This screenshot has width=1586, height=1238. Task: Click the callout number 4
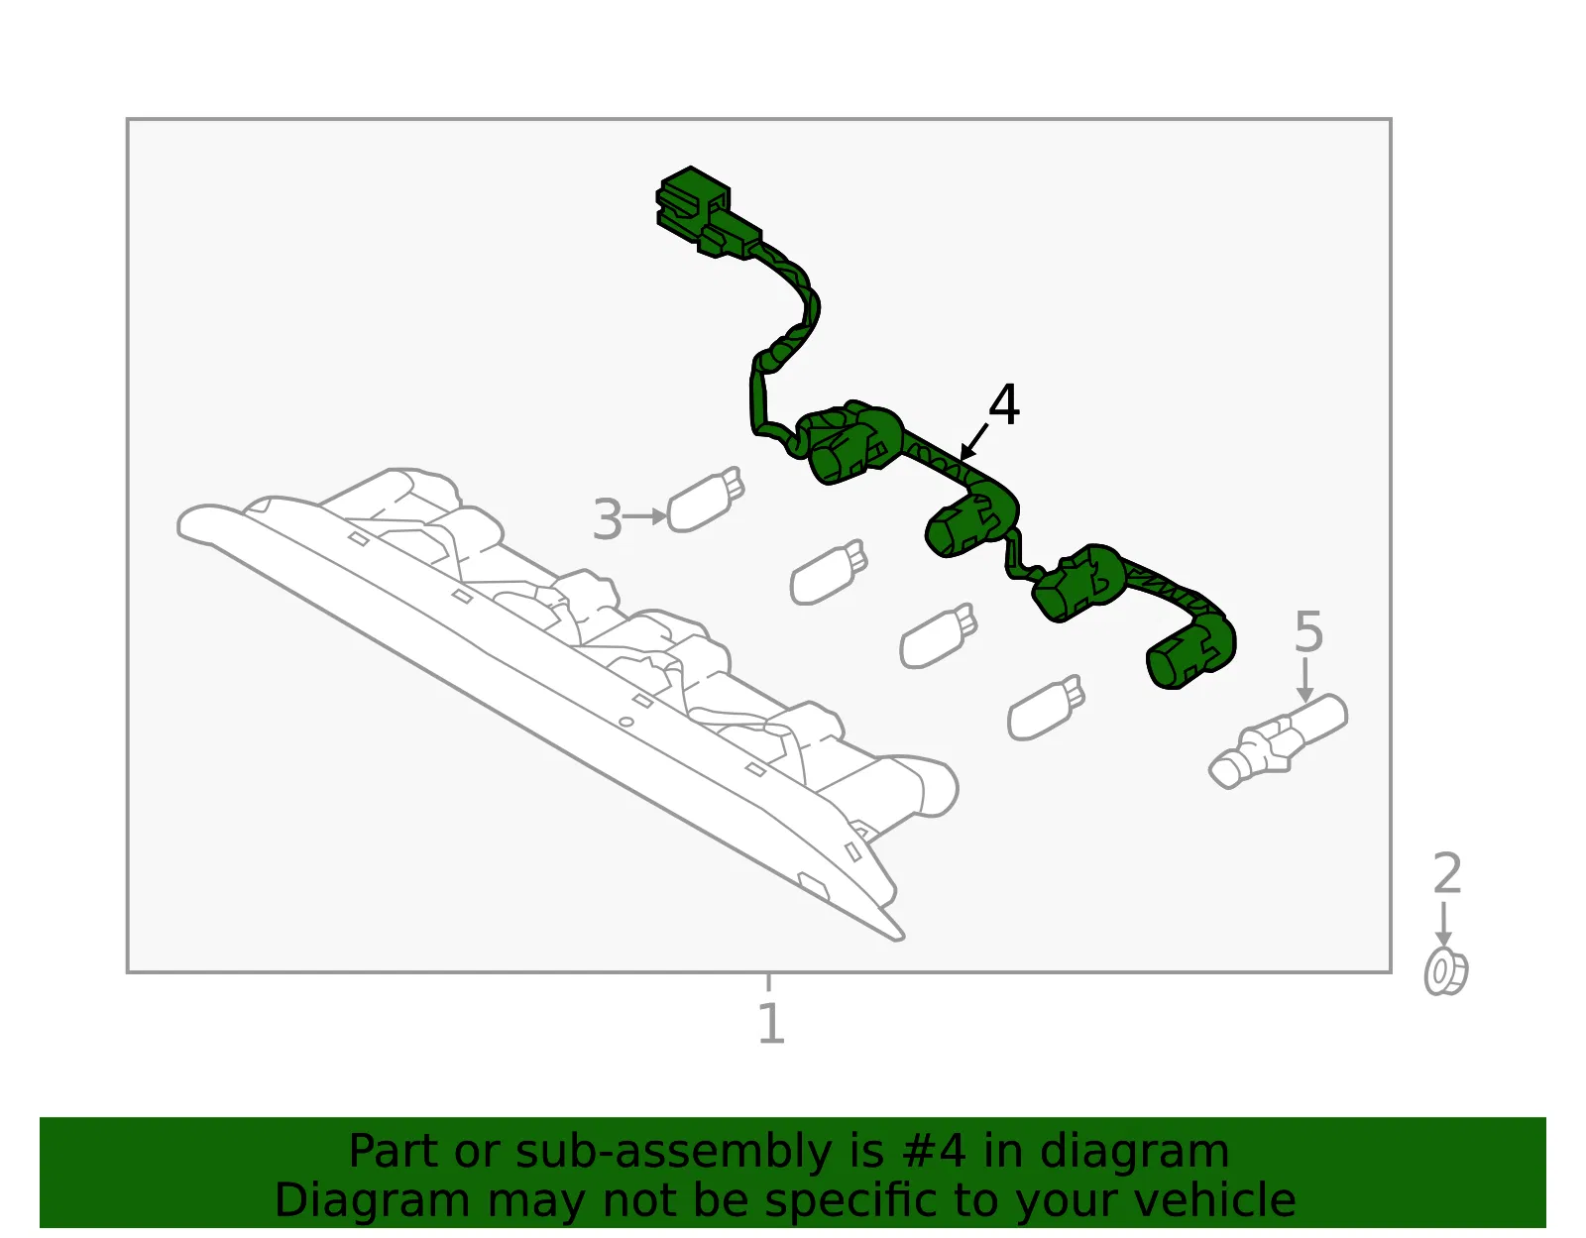[x=1003, y=405]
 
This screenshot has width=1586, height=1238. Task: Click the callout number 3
[x=608, y=519]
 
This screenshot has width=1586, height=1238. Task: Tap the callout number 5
[x=1307, y=631]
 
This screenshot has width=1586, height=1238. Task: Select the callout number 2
[x=1446, y=873]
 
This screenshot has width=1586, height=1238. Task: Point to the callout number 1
[x=771, y=1023]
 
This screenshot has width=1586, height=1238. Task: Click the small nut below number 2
[x=1446, y=971]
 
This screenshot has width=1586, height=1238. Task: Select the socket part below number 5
[x=1278, y=740]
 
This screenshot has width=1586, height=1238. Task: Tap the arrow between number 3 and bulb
[x=644, y=516]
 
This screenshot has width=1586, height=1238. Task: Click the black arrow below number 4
[x=973, y=442]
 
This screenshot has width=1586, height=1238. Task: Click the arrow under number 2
[x=1443, y=925]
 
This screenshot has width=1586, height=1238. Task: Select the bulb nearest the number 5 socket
[x=1046, y=708]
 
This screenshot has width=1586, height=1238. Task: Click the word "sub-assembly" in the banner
[x=673, y=1151]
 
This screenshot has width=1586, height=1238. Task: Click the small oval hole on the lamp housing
[x=625, y=722]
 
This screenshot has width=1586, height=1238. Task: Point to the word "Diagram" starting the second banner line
[x=373, y=1200]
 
